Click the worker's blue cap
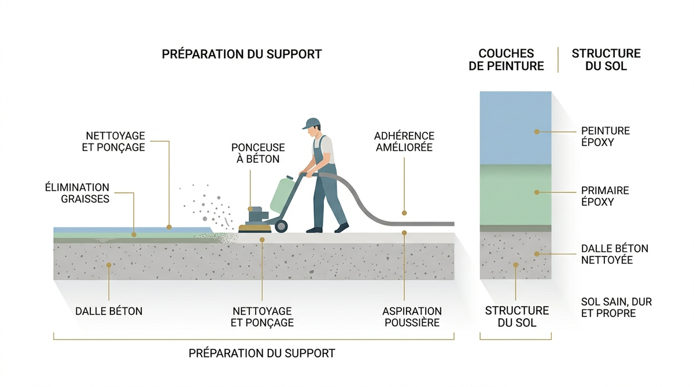(x=311, y=123)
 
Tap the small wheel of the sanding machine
(x=280, y=226)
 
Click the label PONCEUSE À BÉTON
(x=258, y=153)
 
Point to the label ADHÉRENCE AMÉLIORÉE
(x=404, y=142)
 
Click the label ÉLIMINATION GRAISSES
(x=77, y=193)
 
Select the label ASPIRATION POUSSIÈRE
(x=412, y=316)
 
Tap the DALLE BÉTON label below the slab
(x=109, y=311)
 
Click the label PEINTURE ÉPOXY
(x=606, y=137)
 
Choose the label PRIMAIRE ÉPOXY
(x=605, y=196)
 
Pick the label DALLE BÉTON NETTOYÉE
(x=615, y=254)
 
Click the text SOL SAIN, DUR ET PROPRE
(x=617, y=307)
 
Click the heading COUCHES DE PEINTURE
(x=506, y=60)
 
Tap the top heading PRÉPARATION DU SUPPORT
(x=242, y=54)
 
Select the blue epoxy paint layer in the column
(x=515, y=128)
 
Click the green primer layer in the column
(x=515, y=194)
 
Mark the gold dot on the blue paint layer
(x=537, y=132)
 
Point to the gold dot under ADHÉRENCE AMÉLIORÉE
(x=404, y=213)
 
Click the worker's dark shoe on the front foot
(x=341, y=228)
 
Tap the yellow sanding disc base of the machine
(x=254, y=229)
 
